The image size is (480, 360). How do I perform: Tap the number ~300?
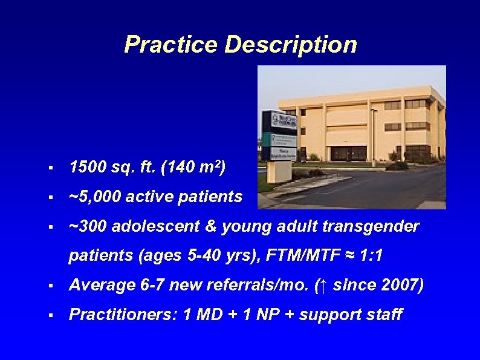click(88, 226)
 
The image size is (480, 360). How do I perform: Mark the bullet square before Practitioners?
click(53, 315)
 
